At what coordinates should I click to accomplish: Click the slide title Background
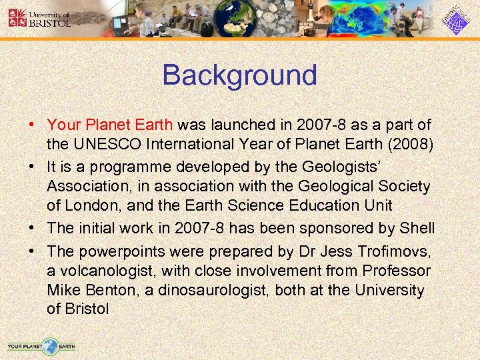click(239, 75)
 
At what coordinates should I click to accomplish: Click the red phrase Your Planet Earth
click(110, 125)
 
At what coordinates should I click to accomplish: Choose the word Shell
click(417, 228)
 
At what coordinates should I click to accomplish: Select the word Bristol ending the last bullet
click(87, 310)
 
